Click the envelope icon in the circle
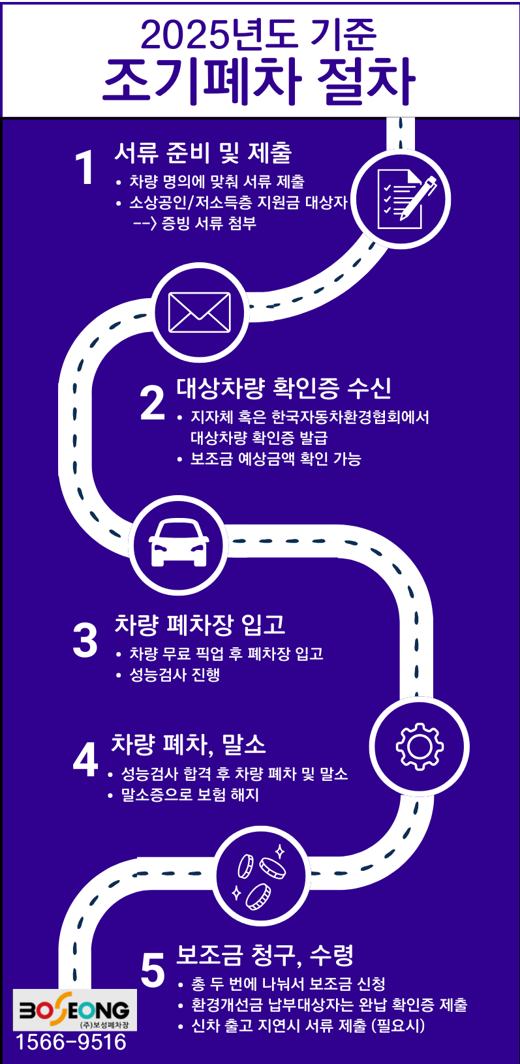pos(199,312)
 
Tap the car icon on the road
pos(179,544)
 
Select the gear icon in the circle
pos(420,746)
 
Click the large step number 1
pos(85,168)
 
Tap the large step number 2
pos(153,403)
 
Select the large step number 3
pos(85,640)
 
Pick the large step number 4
pos(85,759)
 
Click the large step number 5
pos(153,971)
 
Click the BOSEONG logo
pos(74,1010)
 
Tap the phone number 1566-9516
pos(71,1042)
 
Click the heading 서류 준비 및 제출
pos(203,153)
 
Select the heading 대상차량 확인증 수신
pos(284,388)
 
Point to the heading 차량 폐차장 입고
pos(200,625)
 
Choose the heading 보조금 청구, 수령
pos(265,955)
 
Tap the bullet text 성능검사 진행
pos(174,675)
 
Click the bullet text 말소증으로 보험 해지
pos(190,795)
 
